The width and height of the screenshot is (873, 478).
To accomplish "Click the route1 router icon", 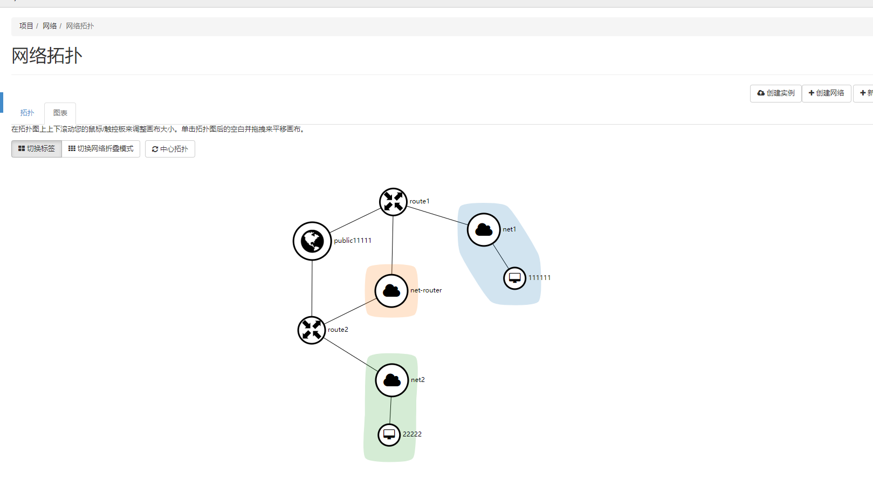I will [393, 202].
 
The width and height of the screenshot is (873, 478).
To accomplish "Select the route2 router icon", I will [312, 330].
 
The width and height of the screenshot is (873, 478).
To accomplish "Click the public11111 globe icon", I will [312, 241].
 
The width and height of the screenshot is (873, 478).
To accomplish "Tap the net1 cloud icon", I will [484, 230].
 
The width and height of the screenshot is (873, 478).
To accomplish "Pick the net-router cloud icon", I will [391, 291].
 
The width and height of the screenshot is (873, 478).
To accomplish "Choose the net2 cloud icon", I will [392, 380].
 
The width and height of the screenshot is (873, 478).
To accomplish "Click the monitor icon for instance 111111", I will [515, 278].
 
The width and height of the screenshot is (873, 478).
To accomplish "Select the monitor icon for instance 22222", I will [389, 435].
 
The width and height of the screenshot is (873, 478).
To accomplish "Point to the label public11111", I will [353, 241].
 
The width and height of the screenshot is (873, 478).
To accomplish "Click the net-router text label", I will [426, 290].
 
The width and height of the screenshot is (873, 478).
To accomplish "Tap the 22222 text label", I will [412, 434].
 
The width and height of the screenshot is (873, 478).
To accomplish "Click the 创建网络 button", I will [826, 93].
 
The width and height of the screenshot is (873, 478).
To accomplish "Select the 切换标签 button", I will [37, 149].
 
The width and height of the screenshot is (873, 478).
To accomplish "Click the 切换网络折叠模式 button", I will [101, 149].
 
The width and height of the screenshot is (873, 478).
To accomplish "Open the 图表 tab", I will [60, 113].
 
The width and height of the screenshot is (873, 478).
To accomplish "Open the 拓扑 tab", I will [27, 113].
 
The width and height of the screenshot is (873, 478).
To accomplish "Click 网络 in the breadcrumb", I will [50, 26].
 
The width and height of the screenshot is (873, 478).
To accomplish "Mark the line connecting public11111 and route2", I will [312, 289].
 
